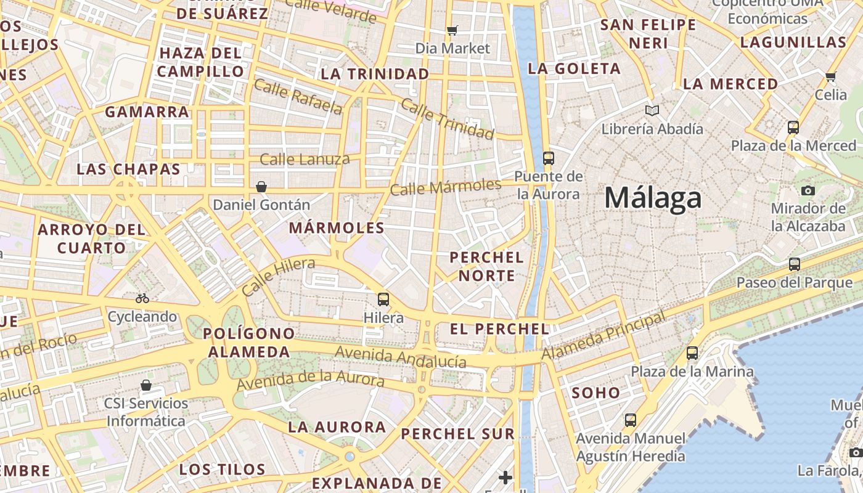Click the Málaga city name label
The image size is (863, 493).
coord(653,198)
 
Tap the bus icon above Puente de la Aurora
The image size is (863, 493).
coord(549,158)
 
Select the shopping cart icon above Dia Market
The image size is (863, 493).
coord(452,30)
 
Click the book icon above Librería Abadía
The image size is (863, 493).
coord(652,111)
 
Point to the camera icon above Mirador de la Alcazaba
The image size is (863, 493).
coord(808,190)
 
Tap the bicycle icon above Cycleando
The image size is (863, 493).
coord(142,298)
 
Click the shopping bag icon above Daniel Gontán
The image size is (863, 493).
coord(261,186)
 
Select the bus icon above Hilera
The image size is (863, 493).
coord(383,299)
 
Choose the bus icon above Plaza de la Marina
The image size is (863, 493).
coord(692,353)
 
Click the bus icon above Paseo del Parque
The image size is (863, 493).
coord(795,264)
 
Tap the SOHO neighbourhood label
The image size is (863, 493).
coord(595,393)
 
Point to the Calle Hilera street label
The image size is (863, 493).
coord(278,277)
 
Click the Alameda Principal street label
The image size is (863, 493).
coord(604,336)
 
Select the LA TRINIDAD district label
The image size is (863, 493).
coord(375,74)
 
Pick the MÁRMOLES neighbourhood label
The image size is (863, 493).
coord(337,228)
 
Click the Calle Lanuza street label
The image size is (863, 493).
coord(305,160)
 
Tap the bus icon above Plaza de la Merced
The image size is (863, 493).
coord(793,128)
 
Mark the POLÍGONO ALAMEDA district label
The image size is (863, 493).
coord(249,343)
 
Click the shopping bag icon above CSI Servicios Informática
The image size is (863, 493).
coord(146,385)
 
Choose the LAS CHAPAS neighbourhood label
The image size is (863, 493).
coord(128,169)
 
